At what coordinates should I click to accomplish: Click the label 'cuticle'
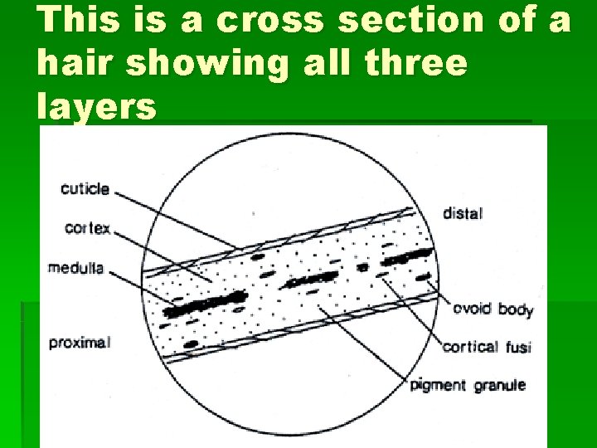pyautogui.click(x=85, y=189)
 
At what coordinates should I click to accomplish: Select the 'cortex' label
pyautogui.click(x=86, y=227)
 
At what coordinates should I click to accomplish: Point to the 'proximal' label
pyautogui.click(x=79, y=342)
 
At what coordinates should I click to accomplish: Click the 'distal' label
pyautogui.click(x=463, y=213)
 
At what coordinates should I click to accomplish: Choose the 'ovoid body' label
pyautogui.click(x=493, y=309)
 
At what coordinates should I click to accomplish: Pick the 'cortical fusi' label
pyautogui.click(x=487, y=347)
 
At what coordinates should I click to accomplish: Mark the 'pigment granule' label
pyautogui.click(x=468, y=385)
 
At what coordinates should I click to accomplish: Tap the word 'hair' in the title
pyautogui.click(x=80, y=64)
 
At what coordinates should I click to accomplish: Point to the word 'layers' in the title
pyautogui.click(x=96, y=106)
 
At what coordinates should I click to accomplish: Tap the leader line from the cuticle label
pyautogui.click(x=174, y=220)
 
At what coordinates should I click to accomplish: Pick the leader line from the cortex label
pyautogui.click(x=158, y=253)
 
